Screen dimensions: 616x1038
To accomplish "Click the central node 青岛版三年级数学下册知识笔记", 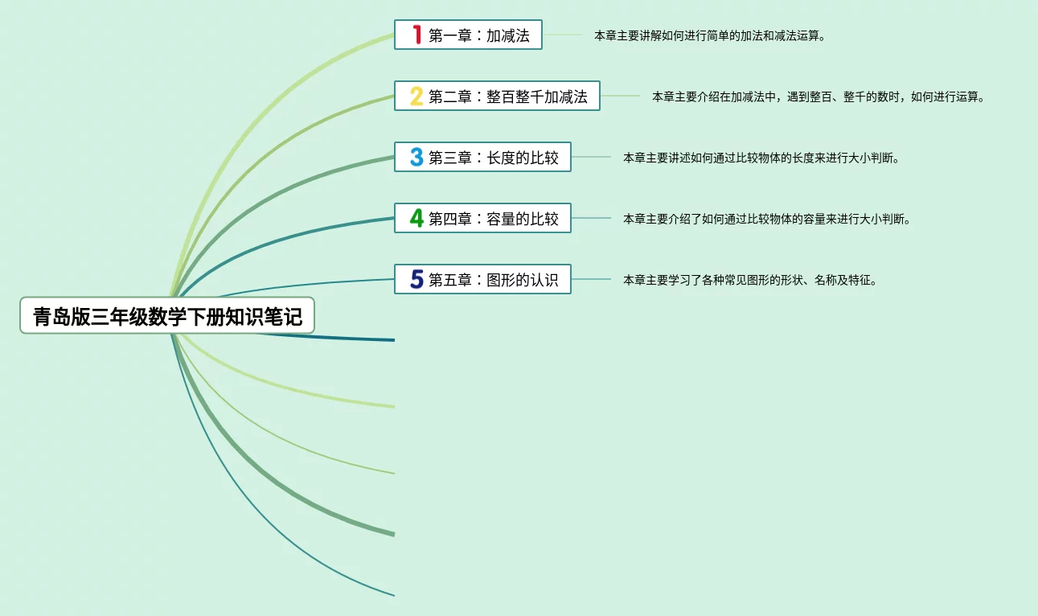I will (167, 316).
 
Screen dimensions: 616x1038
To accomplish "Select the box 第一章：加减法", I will (468, 35).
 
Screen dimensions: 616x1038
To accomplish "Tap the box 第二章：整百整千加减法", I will (497, 97).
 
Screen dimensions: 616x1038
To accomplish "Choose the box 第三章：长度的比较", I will (482, 158).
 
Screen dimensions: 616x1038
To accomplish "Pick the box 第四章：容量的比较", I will (482, 218).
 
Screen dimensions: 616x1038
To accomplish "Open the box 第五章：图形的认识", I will (482, 280).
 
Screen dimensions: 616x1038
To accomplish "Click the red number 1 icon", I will (416, 35).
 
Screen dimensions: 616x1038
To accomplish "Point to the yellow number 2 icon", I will (416, 97).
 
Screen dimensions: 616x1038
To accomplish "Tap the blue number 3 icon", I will (416, 158).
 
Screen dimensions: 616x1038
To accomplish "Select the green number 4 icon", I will (416, 218).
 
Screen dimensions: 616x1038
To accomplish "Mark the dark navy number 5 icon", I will (416, 280).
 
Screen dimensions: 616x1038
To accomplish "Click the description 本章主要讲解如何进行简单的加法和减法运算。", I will (710, 35).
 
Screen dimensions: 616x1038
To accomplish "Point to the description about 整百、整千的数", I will (819, 97).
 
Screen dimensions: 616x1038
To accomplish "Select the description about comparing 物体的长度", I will (761, 158).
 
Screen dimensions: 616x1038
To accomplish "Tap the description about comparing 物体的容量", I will (766, 219).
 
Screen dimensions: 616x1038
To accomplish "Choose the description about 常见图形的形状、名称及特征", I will (749, 281).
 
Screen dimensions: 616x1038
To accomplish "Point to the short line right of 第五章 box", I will (591, 279).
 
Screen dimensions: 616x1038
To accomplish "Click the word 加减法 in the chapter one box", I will (508, 35).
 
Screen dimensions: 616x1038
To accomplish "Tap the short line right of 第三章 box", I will (591, 157).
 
